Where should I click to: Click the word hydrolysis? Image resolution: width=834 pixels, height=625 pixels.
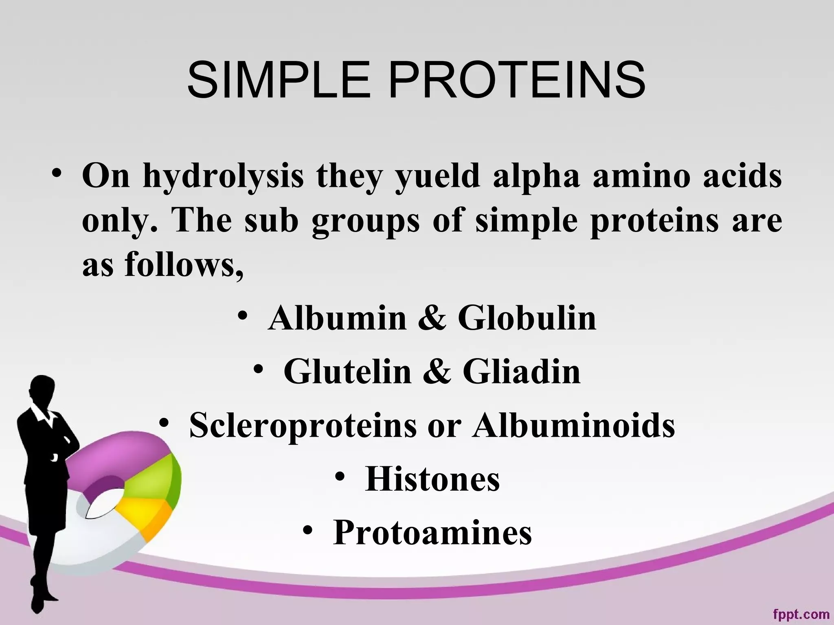[223, 177]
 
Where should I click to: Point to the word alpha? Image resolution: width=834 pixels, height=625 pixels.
[536, 177]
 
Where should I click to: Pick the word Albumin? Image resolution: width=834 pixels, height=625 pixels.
[337, 318]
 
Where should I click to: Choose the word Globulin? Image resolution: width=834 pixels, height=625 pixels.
[527, 318]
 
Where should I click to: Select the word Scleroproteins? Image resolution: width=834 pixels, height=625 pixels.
[303, 426]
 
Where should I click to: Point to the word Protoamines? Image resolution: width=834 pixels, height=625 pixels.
[432, 533]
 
